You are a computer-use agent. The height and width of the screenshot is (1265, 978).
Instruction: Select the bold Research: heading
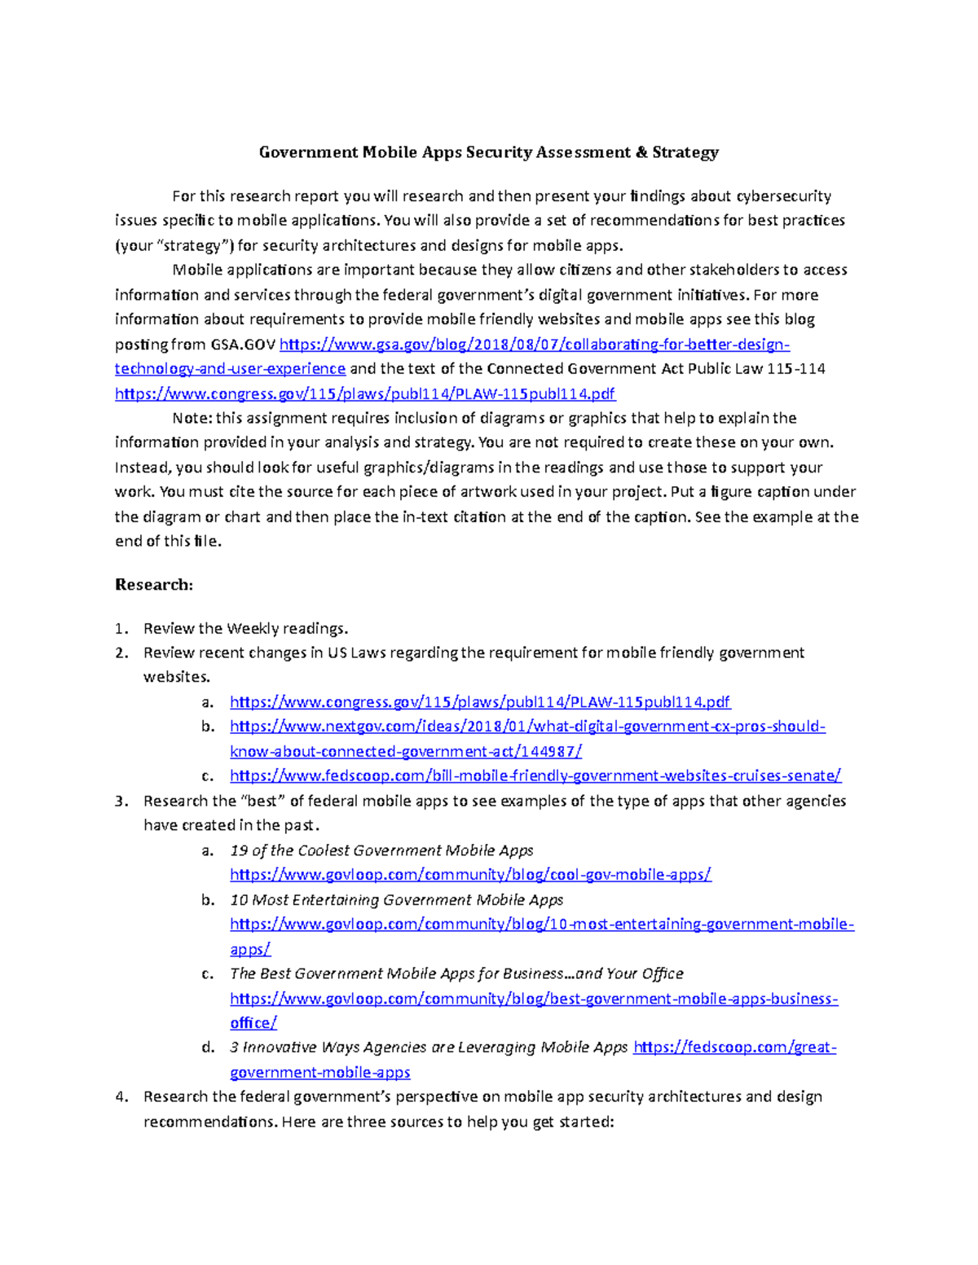tap(154, 585)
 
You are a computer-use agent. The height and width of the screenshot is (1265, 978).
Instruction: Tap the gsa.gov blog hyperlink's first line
tap(534, 345)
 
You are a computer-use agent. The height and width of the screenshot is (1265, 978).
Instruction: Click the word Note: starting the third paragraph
tap(192, 419)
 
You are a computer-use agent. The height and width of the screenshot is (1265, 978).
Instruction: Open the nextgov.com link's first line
tap(527, 727)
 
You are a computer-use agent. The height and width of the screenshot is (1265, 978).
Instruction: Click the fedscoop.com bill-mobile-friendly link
tap(535, 776)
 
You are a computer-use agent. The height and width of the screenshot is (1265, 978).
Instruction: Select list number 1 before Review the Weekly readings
tap(121, 629)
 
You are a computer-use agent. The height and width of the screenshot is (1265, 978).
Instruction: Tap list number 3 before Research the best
tap(121, 802)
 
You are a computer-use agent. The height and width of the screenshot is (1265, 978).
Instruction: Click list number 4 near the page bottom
tap(121, 1097)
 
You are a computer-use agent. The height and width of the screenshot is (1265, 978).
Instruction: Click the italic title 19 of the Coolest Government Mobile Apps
tap(381, 850)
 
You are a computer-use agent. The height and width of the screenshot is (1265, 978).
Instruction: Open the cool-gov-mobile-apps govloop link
tap(470, 875)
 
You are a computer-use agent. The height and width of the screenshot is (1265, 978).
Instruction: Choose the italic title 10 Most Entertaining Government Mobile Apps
tap(396, 900)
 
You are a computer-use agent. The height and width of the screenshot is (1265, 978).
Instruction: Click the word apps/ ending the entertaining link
tap(250, 950)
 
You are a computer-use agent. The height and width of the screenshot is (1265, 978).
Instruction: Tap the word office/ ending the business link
tap(253, 1023)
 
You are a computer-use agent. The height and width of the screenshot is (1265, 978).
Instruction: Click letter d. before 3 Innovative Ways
tap(208, 1048)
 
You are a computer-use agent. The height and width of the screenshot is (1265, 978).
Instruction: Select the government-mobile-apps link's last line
tap(319, 1073)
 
